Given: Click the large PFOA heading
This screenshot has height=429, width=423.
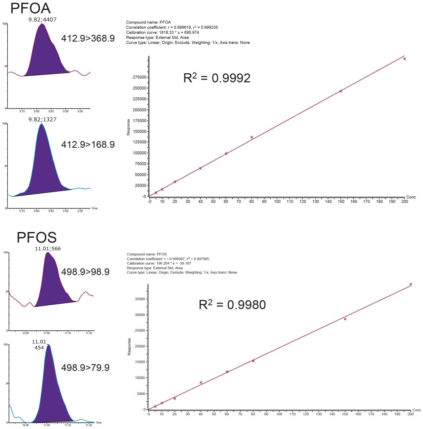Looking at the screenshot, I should (30, 8).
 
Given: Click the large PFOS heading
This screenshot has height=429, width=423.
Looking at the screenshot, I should (37, 237).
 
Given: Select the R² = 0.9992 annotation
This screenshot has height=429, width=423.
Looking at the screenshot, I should (217, 78).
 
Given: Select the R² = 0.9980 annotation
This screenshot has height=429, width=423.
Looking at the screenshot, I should (232, 305).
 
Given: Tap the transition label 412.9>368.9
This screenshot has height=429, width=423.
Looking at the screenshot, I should (88, 39).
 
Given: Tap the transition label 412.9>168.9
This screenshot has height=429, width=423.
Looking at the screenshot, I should (88, 145).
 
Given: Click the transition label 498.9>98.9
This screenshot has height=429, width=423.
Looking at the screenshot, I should (85, 272).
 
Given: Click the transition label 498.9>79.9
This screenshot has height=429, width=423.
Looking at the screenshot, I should (85, 368).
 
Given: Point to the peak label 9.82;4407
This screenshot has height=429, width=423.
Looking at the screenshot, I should (42, 19).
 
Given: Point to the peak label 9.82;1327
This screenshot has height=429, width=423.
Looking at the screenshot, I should (42, 119).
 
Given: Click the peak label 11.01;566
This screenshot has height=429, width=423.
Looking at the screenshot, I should (48, 248).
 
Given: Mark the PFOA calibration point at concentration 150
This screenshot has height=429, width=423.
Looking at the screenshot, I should (341, 91).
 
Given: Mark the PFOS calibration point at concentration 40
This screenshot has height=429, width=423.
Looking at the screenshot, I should (201, 382).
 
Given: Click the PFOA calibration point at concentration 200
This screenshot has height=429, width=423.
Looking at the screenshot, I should (404, 59).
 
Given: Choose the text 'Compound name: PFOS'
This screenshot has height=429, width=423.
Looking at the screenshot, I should (147, 254).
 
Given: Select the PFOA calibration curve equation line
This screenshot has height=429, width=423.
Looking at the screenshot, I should (163, 32).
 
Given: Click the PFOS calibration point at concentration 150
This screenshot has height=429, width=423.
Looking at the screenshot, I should (345, 319).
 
